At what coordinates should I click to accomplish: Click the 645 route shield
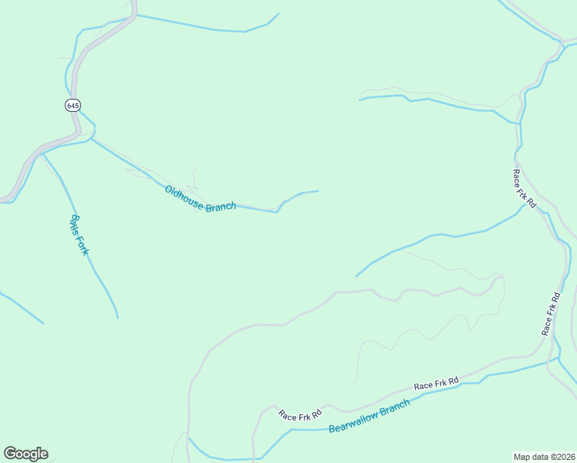click(72, 105)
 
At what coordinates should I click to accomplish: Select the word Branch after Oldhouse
click(221, 208)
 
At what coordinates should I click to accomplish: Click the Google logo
click(25, 454)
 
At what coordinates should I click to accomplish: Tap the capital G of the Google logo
click(10, 454)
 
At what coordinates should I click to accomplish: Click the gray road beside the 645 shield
click(76, 85)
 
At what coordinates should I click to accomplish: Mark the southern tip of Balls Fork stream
click(118, 317)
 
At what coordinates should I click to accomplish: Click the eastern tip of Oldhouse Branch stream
click(318, 191)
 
